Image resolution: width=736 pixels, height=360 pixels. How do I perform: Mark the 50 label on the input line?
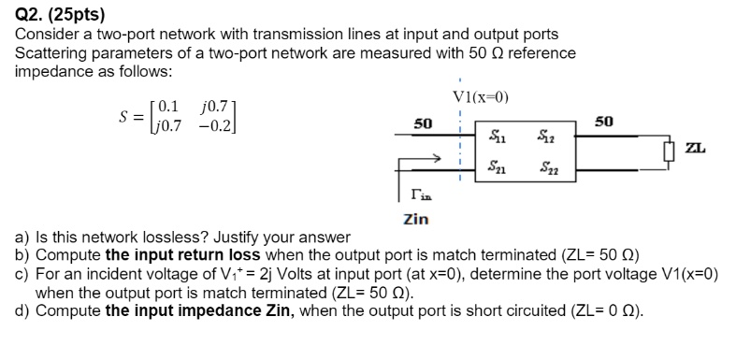click(423, 123)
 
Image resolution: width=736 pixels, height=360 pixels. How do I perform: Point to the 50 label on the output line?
click(604, 122)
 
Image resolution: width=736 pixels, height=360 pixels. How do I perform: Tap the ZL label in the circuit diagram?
click(695, 148)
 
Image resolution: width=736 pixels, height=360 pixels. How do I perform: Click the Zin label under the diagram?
click(416, 220)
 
